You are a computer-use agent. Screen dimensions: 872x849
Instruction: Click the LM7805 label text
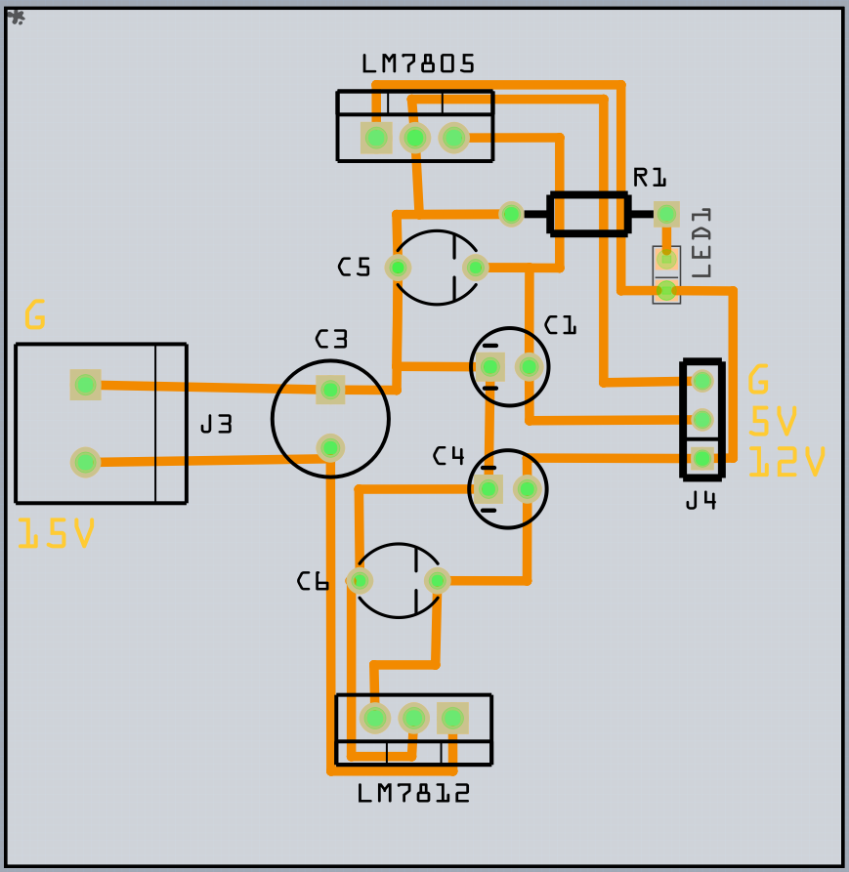(418, 64)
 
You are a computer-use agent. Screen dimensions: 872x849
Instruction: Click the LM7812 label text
(413, 793)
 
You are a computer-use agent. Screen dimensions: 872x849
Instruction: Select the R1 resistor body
(588, 214)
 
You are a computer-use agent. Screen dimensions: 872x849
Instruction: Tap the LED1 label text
(700, 243)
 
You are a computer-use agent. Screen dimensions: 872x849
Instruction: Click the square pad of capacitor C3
(330, 390)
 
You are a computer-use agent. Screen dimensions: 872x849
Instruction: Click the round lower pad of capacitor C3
(330, 447)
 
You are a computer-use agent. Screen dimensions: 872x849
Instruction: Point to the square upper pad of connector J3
(85, 385)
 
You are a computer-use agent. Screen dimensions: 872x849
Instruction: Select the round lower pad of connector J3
(85, 462)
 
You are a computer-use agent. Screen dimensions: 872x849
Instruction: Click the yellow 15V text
(56, 534)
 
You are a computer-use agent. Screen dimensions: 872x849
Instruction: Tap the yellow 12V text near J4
(786, 462)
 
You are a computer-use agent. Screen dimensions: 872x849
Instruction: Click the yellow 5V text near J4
(773, 422)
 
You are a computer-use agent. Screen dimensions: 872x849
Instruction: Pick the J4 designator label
(700, 501)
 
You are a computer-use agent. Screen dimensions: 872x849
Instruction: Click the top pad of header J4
(701, 381)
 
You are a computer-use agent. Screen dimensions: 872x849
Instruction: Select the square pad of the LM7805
(376, 138)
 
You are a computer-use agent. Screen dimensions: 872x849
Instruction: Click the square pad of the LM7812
(452, 719)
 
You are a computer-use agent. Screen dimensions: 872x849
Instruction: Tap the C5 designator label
(355, 268)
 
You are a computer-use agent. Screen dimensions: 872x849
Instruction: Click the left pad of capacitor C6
(360, 581)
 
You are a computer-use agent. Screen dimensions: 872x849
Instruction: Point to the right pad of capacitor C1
(529, 366)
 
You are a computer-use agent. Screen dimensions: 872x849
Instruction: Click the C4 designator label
(448, 456)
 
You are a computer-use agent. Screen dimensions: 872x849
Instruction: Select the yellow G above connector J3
(34, 316)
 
